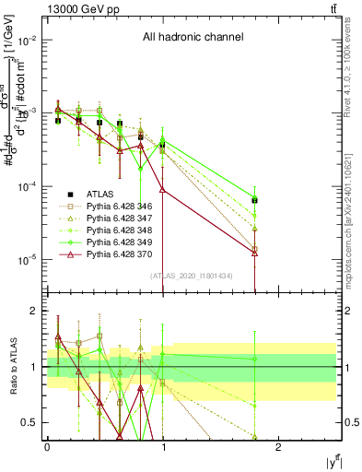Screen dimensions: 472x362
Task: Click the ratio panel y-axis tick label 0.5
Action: pos(28,422)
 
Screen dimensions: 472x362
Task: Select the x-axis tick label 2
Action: pos(280,447)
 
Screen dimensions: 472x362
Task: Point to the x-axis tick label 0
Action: pos(47,447)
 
